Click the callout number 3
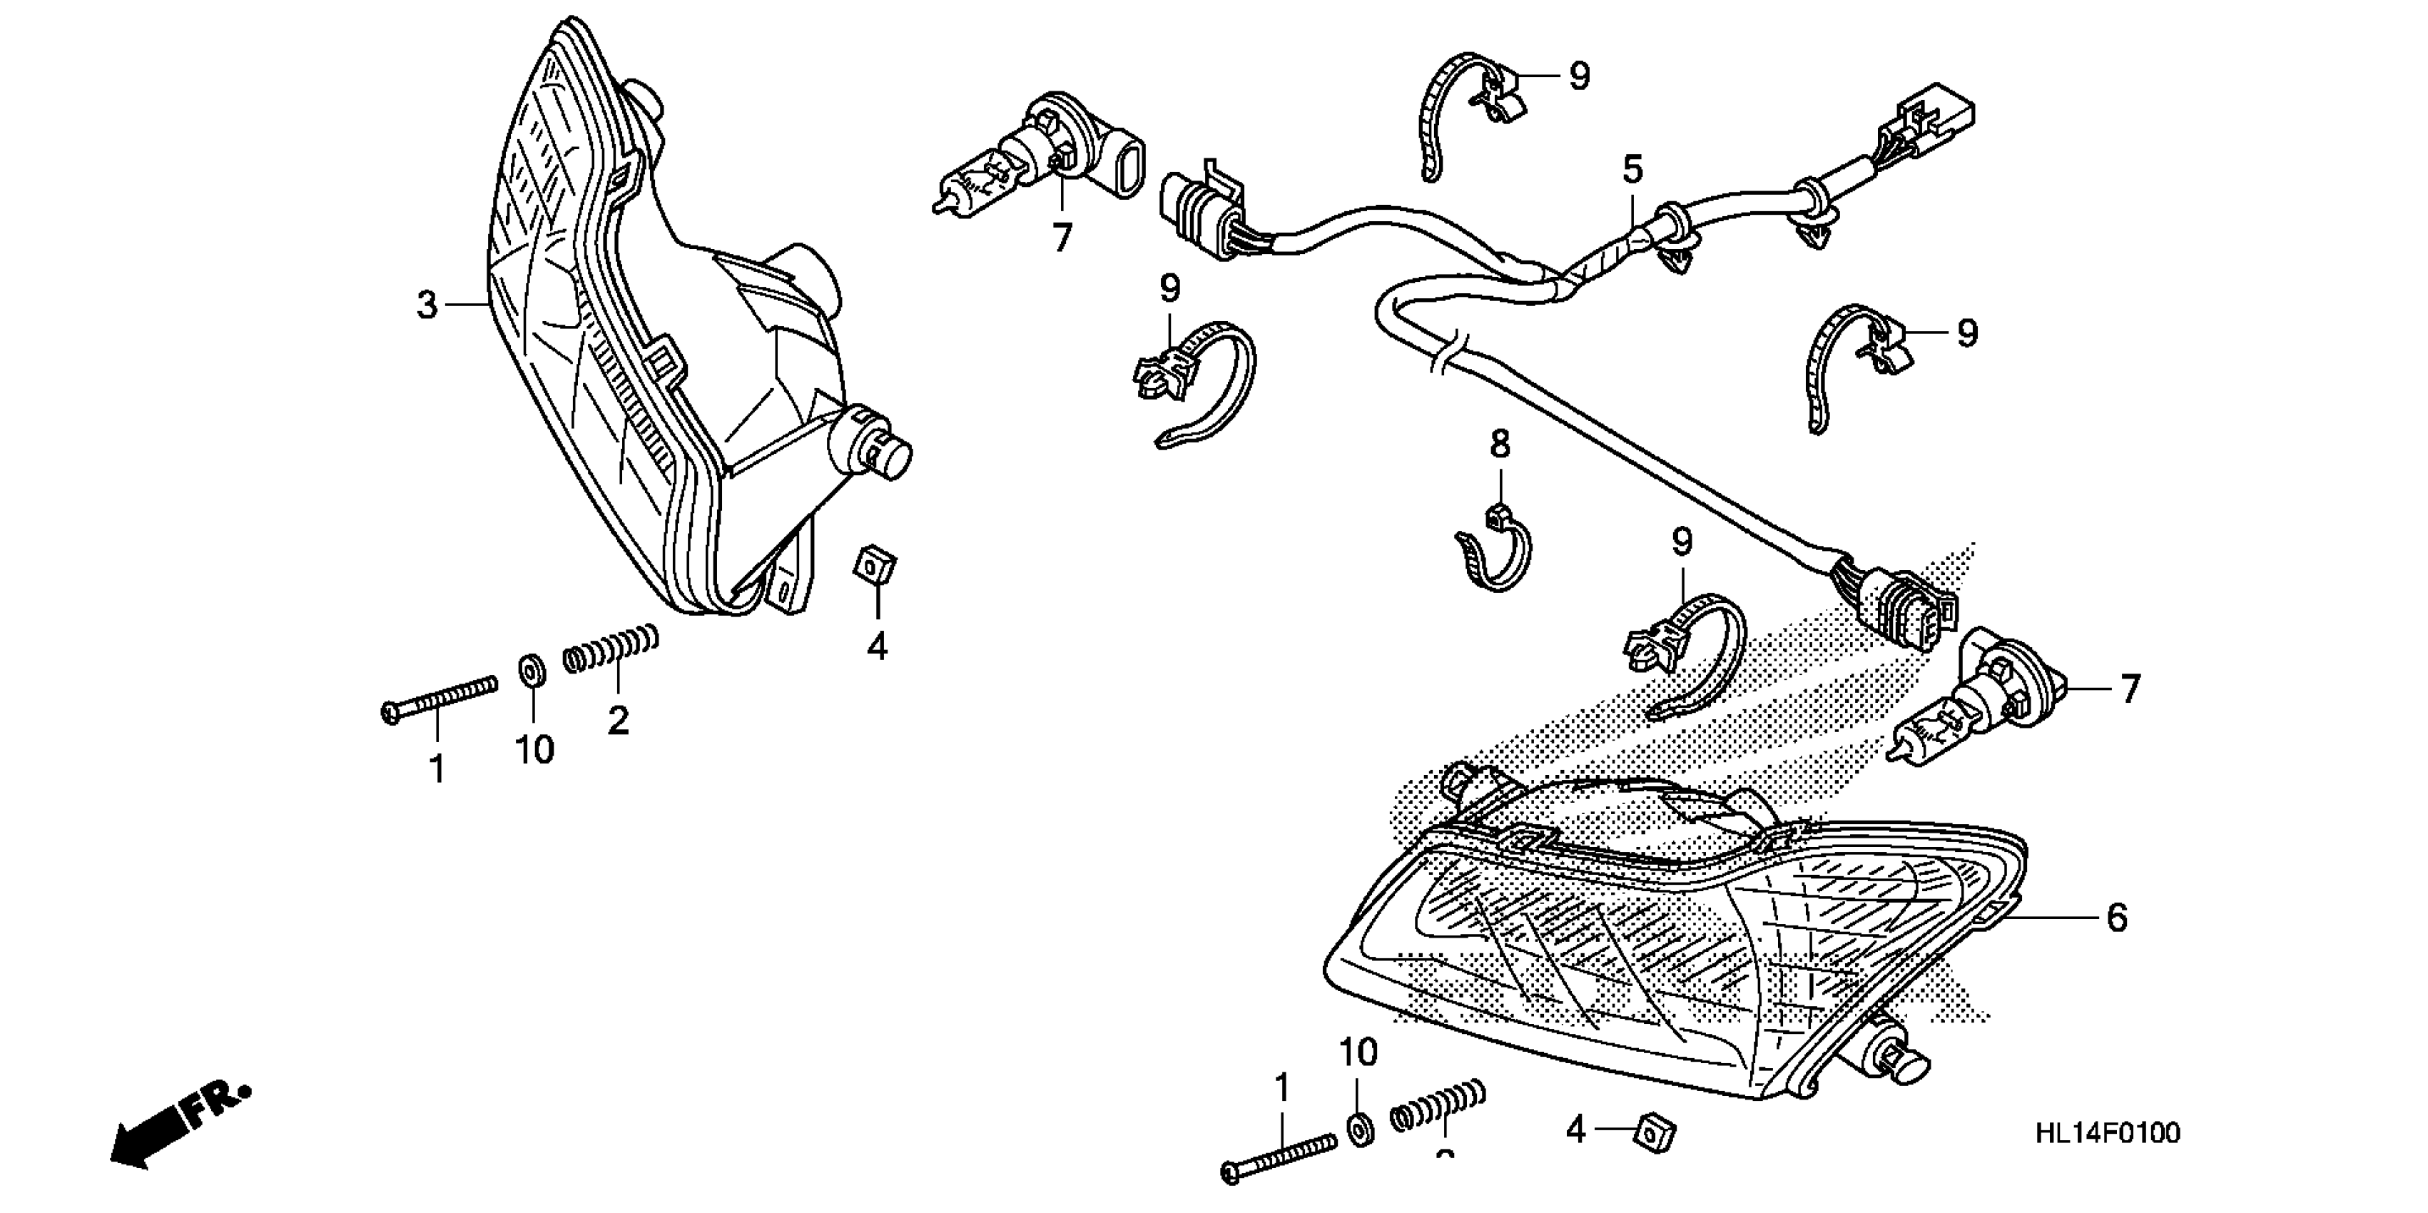427,305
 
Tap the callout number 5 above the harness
1632,171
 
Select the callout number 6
2117,917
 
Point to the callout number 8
1500,443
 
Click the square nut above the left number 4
875,567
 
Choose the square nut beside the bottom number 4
1656,1131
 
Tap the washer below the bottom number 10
1359,1128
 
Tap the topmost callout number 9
1579,76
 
